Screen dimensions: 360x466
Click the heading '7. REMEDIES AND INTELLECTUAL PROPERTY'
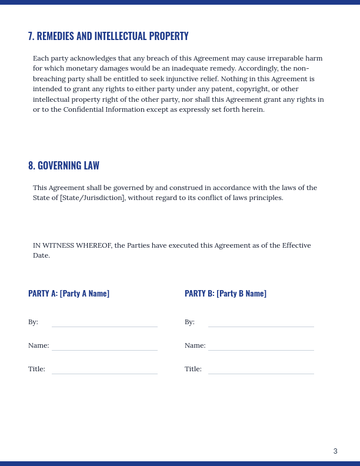coord(108,36)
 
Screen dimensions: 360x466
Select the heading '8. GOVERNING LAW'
coord(64,165)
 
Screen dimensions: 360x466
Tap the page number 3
coord(335,451)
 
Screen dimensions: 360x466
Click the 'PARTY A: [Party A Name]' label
coord(69,293)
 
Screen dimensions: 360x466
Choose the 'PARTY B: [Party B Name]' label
coord(225,293)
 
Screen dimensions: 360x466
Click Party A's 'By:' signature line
coord(105,324)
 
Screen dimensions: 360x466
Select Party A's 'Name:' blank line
coord(105,347)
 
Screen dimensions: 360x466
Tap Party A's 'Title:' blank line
coord(105,371)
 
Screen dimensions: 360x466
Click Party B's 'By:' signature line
coord(261,324)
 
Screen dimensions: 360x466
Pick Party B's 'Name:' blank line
coord(261,347)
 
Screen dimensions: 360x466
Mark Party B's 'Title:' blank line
coord(261,371)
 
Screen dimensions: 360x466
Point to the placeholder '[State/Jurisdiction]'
coord(92,198)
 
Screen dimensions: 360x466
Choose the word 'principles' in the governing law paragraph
coord(265,198)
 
